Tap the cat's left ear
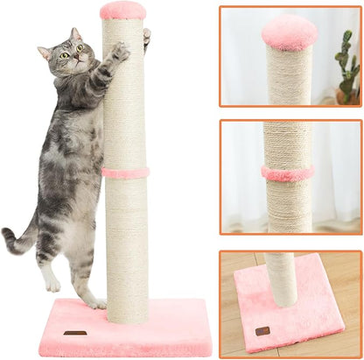(x=44, y=52)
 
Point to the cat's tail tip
(x=6, y=234)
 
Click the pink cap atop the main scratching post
(x=122, y=11)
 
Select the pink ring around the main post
(x=124, y=172)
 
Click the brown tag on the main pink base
(x=75, y=333)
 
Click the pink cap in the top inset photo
(x=289, y=32)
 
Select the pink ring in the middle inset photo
(x=288, y=173)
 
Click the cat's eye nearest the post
(x=79, y=49)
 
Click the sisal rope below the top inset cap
(x=289, y=79)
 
